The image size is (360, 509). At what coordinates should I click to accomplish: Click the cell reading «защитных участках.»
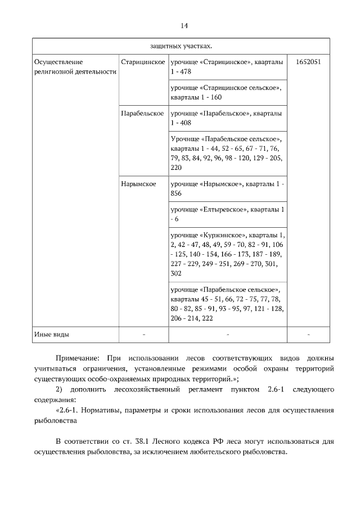point(181,46)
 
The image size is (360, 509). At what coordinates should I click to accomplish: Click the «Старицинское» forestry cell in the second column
point(142,61)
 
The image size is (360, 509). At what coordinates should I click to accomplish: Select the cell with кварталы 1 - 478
point(227,66)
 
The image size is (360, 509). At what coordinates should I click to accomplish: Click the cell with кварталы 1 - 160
point(227,92)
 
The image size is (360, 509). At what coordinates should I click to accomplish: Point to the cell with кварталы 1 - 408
point(227,118)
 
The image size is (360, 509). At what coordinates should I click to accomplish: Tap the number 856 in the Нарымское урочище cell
point(176,193)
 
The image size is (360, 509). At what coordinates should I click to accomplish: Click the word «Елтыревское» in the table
point(223,209)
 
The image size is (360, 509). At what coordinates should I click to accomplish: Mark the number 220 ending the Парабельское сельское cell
point(176,168)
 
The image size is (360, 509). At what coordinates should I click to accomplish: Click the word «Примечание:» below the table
point(77,358)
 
